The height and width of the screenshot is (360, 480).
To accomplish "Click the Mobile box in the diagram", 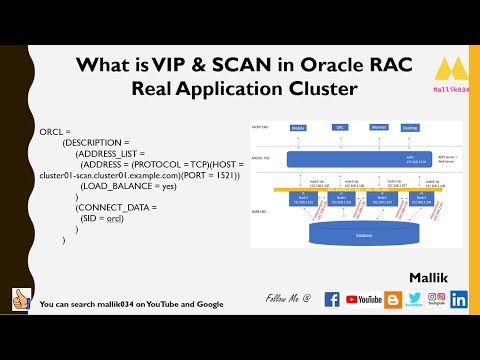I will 297,129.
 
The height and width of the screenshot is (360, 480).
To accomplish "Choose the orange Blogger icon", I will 392,299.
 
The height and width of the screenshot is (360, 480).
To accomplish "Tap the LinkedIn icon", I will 459,299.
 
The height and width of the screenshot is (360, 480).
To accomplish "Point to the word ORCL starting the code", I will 51,131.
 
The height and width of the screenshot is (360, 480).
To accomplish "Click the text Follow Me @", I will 288,299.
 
